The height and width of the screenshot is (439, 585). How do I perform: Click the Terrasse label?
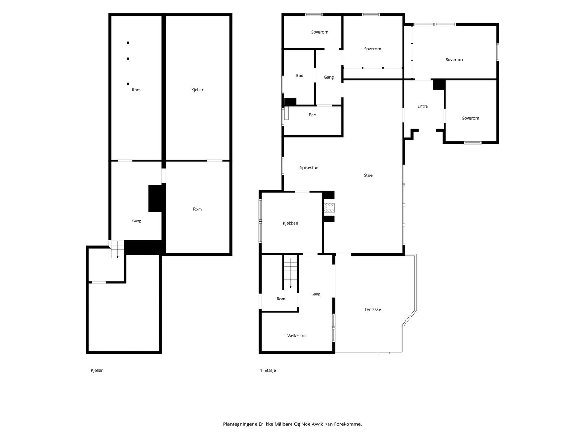[372, 309]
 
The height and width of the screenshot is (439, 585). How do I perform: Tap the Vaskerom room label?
[297, 335]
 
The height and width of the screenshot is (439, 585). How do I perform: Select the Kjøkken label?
[290, 223]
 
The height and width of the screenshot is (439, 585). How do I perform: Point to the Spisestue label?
[309, 168]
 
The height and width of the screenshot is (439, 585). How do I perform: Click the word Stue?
[368, 175]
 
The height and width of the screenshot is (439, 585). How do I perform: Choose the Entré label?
[422, 106]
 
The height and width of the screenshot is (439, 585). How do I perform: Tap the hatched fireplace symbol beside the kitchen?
[329, 208]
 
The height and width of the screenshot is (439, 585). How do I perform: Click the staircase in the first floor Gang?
[290, 272]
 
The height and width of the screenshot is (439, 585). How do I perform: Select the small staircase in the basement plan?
[117, 249]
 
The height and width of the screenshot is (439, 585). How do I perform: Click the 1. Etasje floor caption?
[268, 370]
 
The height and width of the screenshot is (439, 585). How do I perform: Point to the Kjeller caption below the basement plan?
[97, 370]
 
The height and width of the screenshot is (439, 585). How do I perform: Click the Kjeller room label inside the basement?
[197, 90]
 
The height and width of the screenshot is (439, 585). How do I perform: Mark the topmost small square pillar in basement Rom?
[128, 43]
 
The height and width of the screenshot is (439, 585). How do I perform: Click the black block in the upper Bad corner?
[290, 102]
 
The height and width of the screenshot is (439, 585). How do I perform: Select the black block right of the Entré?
[439, 85]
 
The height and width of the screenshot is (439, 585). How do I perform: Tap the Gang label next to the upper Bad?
[329, 77]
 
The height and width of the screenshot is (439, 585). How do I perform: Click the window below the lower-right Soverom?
[472, 143]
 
